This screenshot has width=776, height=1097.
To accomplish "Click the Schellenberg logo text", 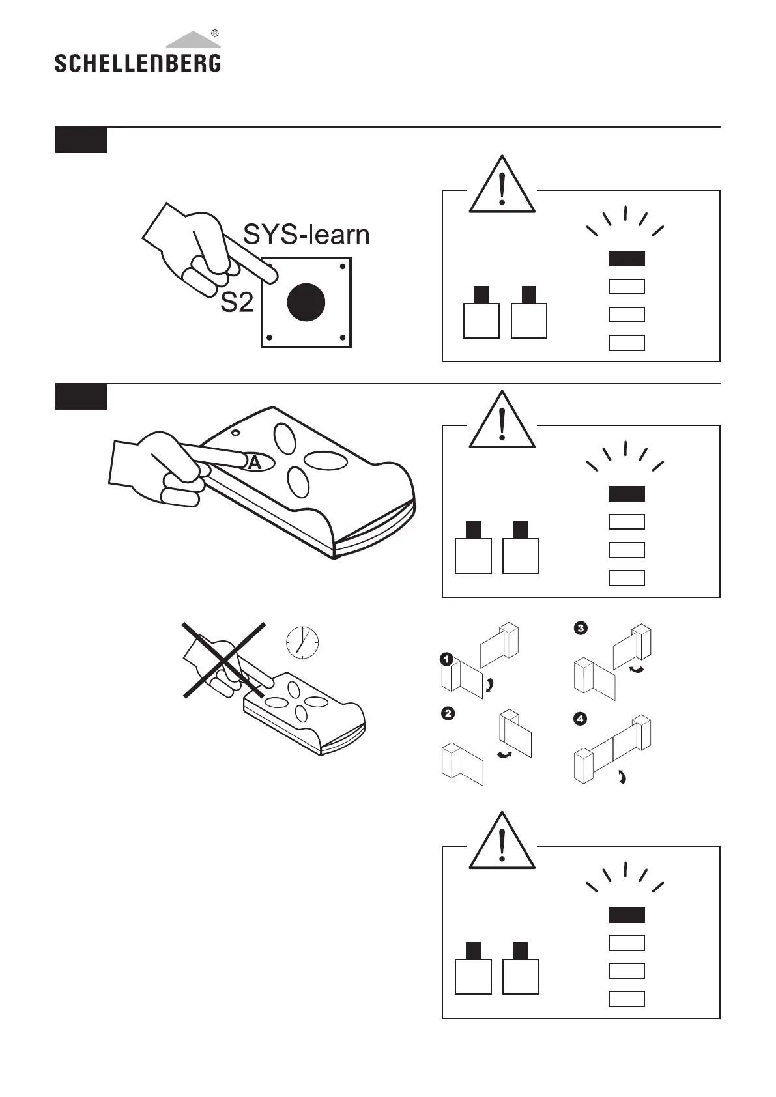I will pos(137,63).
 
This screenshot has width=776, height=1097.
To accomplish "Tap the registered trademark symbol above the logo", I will pos(215,33).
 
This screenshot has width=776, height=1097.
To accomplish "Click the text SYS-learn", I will pos(306,235).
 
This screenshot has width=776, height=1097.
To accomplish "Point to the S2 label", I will pos(237,302).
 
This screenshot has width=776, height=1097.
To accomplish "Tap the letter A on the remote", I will pos(255,463).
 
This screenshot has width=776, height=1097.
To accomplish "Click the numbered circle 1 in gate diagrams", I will pos(446,660).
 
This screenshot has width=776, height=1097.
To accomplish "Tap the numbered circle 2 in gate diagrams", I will pos(448,713).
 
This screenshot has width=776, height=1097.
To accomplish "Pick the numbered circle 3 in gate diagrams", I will pos(580,628).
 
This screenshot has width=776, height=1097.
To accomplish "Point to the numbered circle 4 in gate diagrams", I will pos(579,719).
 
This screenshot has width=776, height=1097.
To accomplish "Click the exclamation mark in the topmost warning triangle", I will pos(502,190).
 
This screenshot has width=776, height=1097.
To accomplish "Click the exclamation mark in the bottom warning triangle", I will pos(502,846).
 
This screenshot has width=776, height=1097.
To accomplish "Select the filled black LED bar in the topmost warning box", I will pos(626,259).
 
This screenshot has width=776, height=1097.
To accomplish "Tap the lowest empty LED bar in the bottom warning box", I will pos(626,999).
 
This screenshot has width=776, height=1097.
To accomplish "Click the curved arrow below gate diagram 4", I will pos(622,776).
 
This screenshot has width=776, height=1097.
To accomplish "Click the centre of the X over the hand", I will pos(223,661).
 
